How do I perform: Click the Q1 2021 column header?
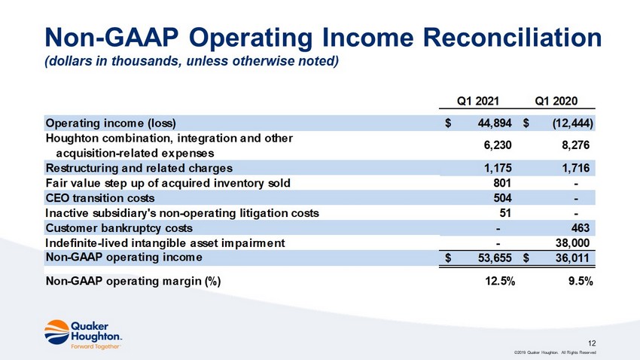[x=477, y=101]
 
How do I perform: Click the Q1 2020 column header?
[x=556, y=101]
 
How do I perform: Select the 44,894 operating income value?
[x=495, y=124]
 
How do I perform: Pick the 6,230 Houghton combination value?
[x=498, y=145]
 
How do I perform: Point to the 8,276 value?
[x=575, y=145]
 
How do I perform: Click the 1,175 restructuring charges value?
[x=498, y=168]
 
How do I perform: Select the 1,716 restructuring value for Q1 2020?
[x=575, y=168]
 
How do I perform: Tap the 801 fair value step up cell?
[x=502, y=183]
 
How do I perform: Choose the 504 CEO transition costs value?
[x=502, y=198]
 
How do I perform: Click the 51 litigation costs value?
[x=505, y=213]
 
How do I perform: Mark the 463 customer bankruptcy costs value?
[x=581, y=228]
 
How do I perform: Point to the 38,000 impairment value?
[x=572, y=243]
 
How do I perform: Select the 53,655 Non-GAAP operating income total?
[x=495, y=258]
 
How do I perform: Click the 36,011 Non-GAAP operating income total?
[x=572, y=258]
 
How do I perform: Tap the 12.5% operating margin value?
[x=500, y=281]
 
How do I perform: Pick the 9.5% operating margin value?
[x=581, y=281]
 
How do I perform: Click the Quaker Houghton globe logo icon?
[x=56, y=332]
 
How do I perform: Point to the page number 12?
[x=592, y=343]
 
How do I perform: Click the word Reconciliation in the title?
[x=512, y=38]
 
